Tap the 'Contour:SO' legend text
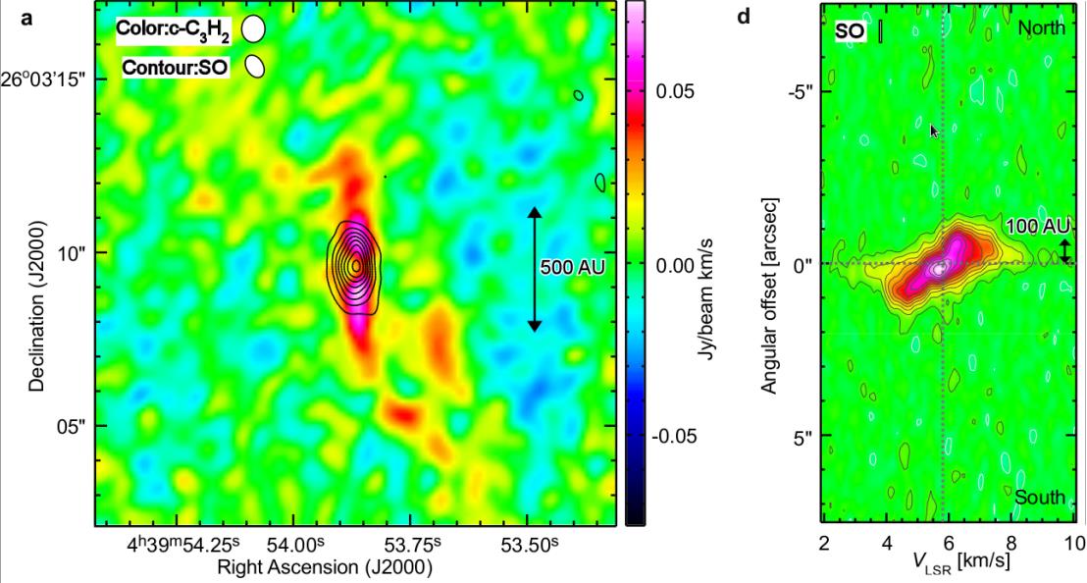tap(177, 68)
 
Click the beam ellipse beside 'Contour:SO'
tap(255, 67)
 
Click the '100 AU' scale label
tap(1036, 227)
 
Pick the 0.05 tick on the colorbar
tap(675, 92)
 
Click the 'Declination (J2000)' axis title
tap(36, 293)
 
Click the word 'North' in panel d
tap(1041, 28)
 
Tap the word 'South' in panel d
tap(1040, 498)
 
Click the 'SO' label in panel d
tap(850, 31)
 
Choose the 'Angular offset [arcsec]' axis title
tap(771, 293)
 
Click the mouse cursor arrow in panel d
tap(934, 131)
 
